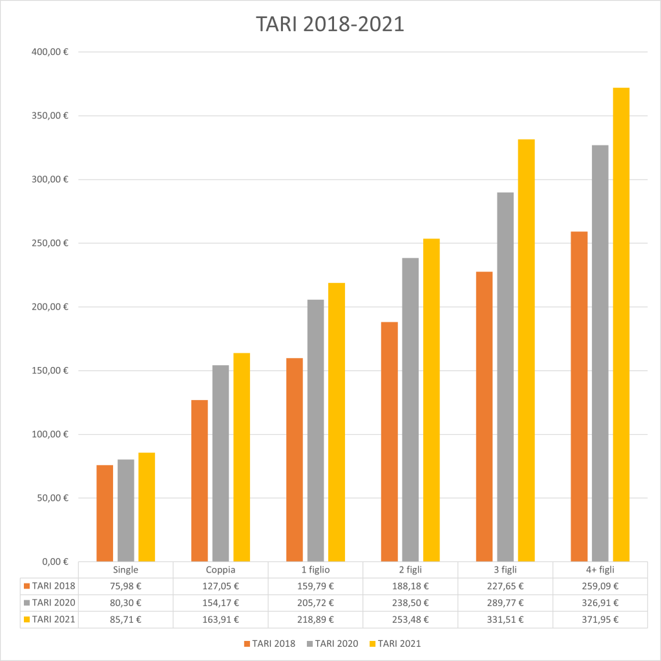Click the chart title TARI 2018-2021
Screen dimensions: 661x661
tap(330, 23)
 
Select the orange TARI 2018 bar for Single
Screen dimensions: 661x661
tap(105, 513)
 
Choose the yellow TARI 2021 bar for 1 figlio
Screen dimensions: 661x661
tap(336, 422)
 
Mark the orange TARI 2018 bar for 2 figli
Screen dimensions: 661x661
tap(389, 441)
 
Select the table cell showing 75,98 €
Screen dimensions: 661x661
tap(126, 587)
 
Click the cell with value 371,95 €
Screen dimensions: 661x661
tap(600, 620)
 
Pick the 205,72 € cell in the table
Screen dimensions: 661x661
tap(315, 603)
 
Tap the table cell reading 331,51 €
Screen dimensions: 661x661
tap(505, 620)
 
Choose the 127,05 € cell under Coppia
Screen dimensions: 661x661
tap(221, 587)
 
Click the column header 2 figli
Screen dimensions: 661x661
tap(410, 570)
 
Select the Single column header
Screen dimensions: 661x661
tap(126, 570)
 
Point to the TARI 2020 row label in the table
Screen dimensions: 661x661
tap(53, 603)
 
